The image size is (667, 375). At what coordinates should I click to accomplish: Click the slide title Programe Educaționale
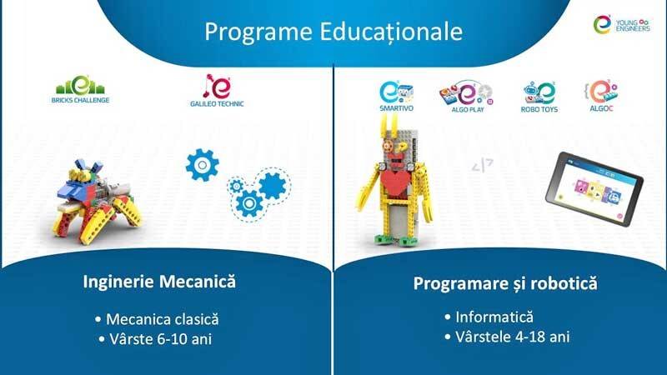pos(333,32)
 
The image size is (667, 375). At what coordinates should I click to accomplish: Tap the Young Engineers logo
pos(621,24)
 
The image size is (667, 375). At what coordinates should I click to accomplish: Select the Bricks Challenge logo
pos(80,89)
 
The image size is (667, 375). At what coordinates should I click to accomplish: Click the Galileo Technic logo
pos(217,90)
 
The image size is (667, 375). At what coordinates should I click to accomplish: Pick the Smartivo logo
pos(396,96)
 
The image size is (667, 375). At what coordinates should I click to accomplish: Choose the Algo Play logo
pos(467,96)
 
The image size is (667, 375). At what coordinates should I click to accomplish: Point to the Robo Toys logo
pos(539,97)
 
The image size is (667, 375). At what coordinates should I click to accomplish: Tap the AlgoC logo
pos(601,96)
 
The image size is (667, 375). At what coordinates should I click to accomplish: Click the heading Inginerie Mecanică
pos(159,282)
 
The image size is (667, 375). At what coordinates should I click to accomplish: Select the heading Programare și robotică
pos(505,283)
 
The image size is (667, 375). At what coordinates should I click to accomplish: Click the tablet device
pos(594,189)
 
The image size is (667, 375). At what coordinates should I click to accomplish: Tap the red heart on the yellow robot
pos(395,177)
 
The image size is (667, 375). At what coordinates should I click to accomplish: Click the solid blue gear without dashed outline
pos(203,165)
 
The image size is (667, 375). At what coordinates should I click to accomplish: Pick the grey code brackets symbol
pos(483,165)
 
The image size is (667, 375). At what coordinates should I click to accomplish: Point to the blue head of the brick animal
pos(76,188)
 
